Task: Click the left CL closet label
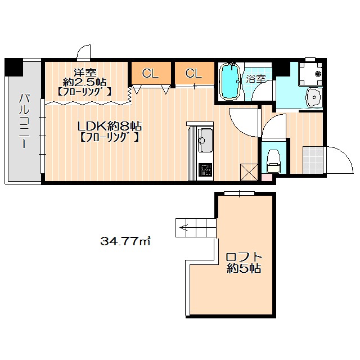(150, 74)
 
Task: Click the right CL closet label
(193, 74)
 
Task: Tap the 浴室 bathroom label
(256, 79)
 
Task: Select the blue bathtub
(230, 82)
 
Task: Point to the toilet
(274, 161)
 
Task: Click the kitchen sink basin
(205, 140)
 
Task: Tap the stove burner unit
(205, 169)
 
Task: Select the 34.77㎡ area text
(125, 241)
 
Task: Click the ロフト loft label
(244, 256)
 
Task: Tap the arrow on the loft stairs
(185, 228)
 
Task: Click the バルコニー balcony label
(24, 121)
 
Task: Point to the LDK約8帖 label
(110, 126)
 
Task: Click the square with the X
(249, 172)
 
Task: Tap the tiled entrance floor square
(313, 160)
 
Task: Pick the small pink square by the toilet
(266, 178)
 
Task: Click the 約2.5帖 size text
(84, 82)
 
